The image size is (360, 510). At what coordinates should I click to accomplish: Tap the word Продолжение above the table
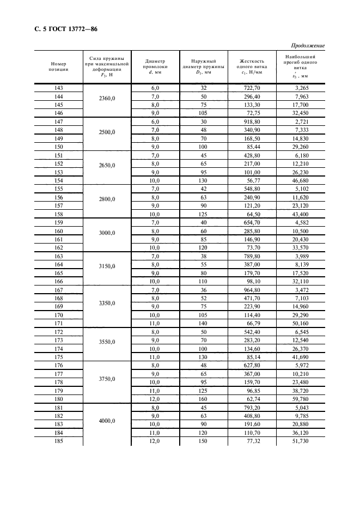coord(308,45)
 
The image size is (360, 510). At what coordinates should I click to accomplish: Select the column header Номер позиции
coord(59,66)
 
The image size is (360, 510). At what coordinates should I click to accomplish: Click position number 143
coord(59,88)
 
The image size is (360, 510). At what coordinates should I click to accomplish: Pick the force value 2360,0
coord(107,99)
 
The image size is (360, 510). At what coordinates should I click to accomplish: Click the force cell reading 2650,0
coord(107,165)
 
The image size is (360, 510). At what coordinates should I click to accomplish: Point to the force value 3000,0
coord(107,233)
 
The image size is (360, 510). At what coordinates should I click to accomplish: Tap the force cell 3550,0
coord(107,342)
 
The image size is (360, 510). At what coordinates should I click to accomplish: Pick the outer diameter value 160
coord(203,399)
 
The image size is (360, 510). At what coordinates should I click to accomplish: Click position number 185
coord(59,440)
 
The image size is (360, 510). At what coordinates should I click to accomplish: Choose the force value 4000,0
coord(107,421)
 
